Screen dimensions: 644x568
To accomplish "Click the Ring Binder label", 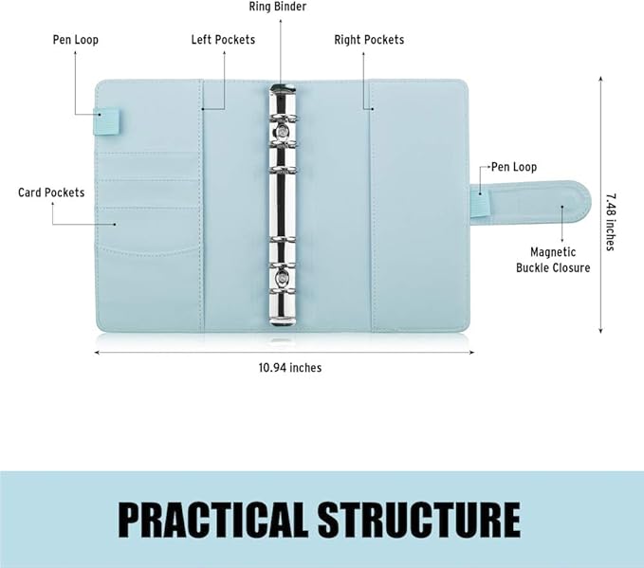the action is (x=278, y=7).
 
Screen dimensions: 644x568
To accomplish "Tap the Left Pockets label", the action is (x=223, y=40).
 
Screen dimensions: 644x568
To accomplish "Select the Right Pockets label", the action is (x=369, y=40).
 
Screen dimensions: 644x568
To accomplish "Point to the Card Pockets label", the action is (x=51, y=192).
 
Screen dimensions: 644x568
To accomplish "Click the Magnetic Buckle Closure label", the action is (x=553, y=260).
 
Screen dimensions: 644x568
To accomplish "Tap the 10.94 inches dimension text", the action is (x=290, y=368).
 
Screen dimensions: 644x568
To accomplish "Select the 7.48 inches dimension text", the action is (x=611, y=222).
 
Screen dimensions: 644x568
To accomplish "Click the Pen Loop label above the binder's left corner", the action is (x=76, y=40).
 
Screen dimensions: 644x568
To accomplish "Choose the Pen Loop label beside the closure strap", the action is (x=514, y=167).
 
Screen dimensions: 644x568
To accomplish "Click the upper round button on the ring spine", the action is (x=282, y=132).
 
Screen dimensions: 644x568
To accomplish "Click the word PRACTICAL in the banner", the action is (x=213, y=519).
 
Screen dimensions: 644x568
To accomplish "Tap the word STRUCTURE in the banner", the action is (x=419, y=519).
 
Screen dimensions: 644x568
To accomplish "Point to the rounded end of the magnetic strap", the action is (x=582, y=202).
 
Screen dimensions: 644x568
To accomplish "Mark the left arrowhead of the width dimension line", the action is (x=97, y=353).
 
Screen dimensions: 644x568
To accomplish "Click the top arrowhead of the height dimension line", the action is (x=600, y=79).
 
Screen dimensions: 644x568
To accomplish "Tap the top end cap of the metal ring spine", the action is (x=282, y=88).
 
